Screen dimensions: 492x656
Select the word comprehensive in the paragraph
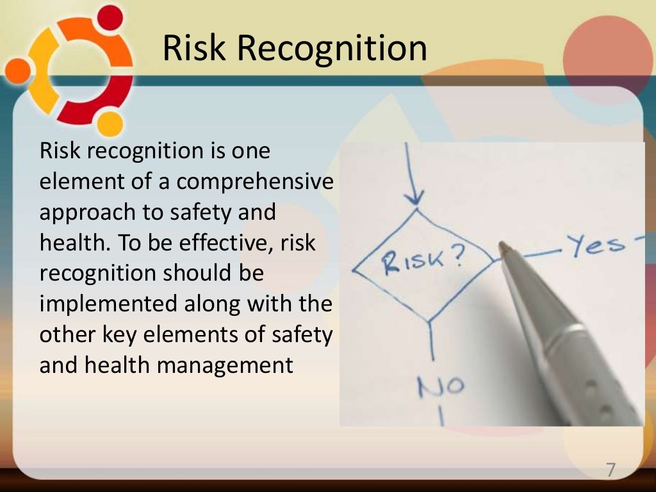click(x=255, y=182)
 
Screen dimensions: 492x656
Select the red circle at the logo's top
click(x=111, y=17)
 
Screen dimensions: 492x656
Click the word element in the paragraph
click(x=79, y=182)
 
